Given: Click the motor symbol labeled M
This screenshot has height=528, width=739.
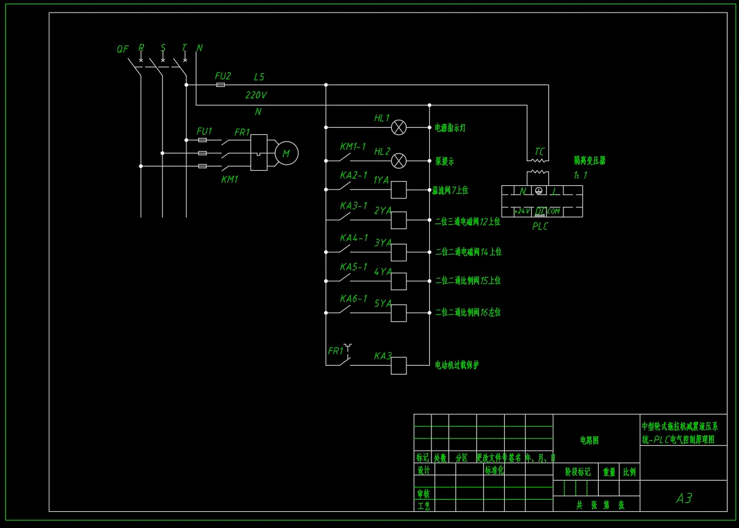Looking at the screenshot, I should tap(286, 153).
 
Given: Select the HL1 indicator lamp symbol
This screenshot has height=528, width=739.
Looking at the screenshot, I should tap(399, 127).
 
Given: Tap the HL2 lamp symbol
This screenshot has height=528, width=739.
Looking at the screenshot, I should tap(399, 161).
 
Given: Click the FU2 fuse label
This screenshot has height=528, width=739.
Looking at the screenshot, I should tap(223, 76).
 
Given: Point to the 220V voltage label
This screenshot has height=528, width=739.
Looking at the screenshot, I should tap(256, 95).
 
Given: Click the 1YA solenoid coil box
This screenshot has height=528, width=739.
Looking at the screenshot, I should tap(399, 190).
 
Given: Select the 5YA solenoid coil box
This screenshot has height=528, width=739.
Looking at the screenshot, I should tap(399, 313).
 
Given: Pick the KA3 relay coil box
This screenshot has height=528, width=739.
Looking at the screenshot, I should tap(399, 366).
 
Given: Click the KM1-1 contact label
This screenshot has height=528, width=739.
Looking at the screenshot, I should tap(352, 146).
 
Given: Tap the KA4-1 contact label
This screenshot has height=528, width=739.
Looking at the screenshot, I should tap(354, 238).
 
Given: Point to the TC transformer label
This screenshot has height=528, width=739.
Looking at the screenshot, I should tap(539, 152).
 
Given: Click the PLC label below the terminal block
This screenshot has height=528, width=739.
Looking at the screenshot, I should tap(539, 227).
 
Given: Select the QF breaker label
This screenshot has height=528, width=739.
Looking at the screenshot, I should tap(122, 49).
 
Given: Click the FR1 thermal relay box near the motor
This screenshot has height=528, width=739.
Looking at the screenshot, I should tap(259, 152).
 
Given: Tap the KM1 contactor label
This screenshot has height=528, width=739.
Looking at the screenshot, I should tap(230, 179).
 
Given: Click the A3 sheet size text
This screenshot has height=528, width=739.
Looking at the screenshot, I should tap(684, 498).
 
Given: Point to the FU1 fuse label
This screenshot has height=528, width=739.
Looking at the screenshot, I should tap(204, 131).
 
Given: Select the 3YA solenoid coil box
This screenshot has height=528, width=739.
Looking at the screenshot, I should tap(399, 252).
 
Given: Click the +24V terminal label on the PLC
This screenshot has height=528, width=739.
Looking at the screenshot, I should tap(521, 211).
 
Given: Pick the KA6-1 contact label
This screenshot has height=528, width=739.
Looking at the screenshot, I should tap(354, 298).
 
